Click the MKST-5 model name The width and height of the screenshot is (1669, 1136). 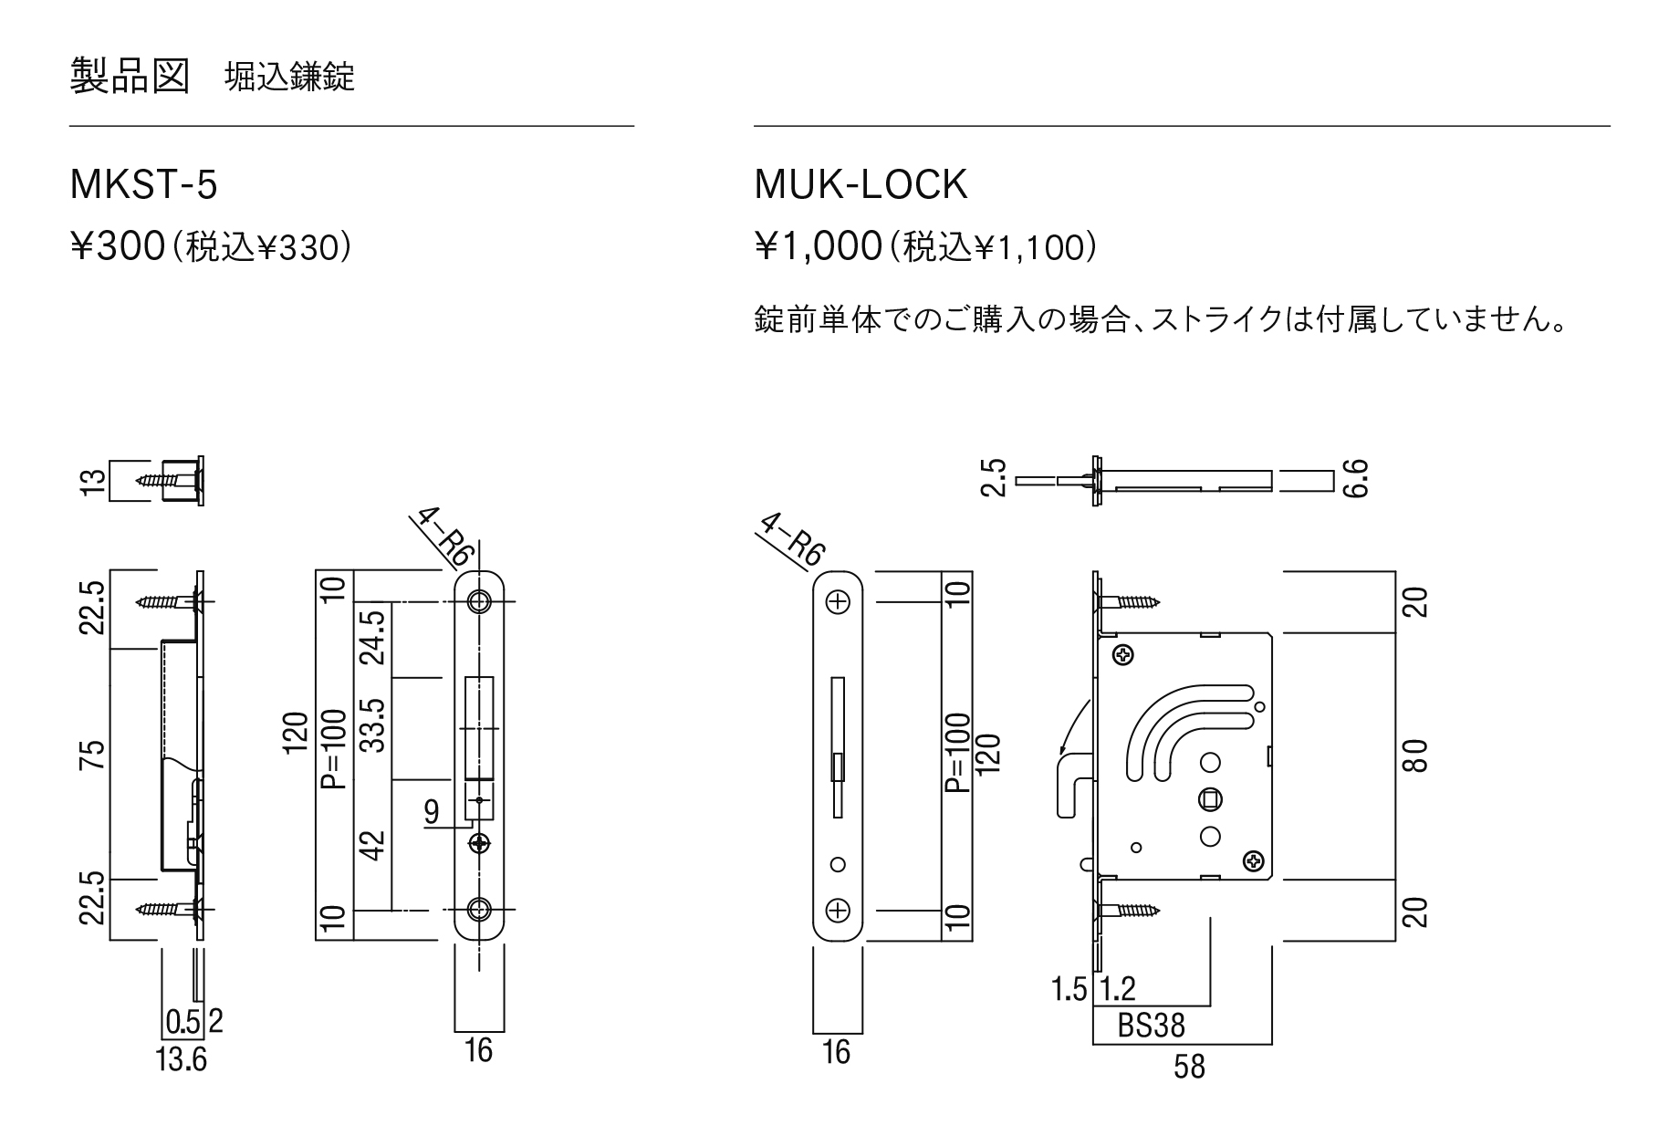143,185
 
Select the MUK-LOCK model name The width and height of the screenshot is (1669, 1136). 861,185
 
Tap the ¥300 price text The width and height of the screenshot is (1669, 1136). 117,247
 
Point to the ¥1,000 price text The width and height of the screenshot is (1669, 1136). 817,247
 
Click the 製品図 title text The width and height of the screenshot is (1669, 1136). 130,77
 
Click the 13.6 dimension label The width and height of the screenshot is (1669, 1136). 182,1060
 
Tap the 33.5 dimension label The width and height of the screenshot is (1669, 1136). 373,727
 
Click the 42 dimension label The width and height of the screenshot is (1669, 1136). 373,845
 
